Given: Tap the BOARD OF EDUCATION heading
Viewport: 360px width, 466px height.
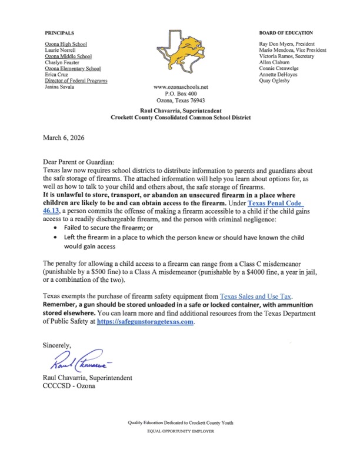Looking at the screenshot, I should [286, 32].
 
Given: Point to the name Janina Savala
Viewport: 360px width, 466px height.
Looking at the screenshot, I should [60, 87].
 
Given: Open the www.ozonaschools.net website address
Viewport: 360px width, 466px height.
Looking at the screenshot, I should [180, 87].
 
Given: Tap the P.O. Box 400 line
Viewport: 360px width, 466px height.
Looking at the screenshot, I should [180, 94].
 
